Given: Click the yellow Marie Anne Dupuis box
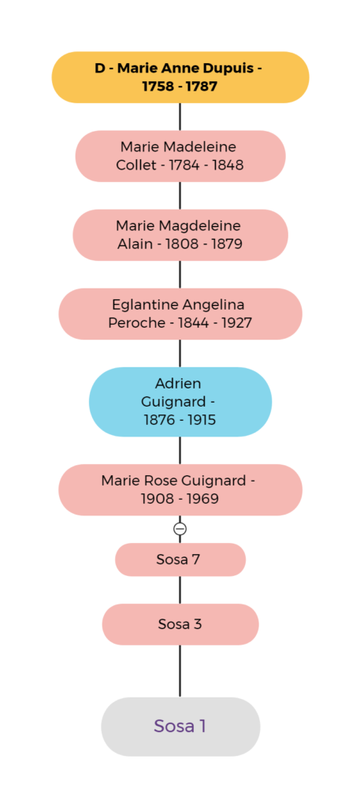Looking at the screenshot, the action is (180, 77).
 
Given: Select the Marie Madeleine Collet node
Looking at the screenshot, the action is (180, 156).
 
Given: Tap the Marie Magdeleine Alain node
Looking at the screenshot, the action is (180, 235).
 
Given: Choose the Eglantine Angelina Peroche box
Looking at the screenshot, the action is (180, 314).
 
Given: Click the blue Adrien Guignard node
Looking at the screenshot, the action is (180, 401).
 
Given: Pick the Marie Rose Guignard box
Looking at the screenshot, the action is (180, 489).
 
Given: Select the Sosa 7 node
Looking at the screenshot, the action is (180, 560).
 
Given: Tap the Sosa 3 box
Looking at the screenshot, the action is (180, 624).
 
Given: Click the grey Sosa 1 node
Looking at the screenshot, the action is (180, 726).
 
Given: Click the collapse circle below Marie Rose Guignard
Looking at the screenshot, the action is (180, 529).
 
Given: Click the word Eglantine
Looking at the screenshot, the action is (145, 305).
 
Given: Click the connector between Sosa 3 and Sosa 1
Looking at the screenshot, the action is (180, 671).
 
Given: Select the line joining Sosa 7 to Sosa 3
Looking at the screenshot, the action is (180, 589).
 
